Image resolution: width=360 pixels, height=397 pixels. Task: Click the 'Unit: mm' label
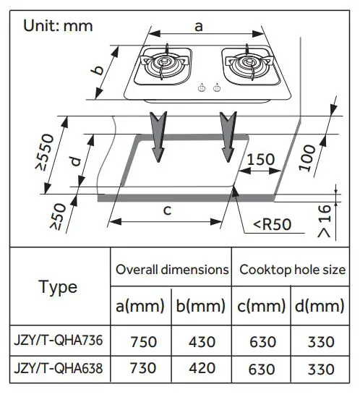58,26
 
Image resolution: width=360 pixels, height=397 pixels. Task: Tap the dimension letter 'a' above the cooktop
199,27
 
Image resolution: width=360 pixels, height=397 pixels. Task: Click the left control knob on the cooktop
202,87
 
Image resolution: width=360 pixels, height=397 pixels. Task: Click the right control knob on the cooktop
217,87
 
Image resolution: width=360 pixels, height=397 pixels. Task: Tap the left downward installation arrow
158,136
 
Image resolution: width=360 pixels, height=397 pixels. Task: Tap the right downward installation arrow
228,136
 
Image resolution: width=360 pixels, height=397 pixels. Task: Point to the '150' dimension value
261,160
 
